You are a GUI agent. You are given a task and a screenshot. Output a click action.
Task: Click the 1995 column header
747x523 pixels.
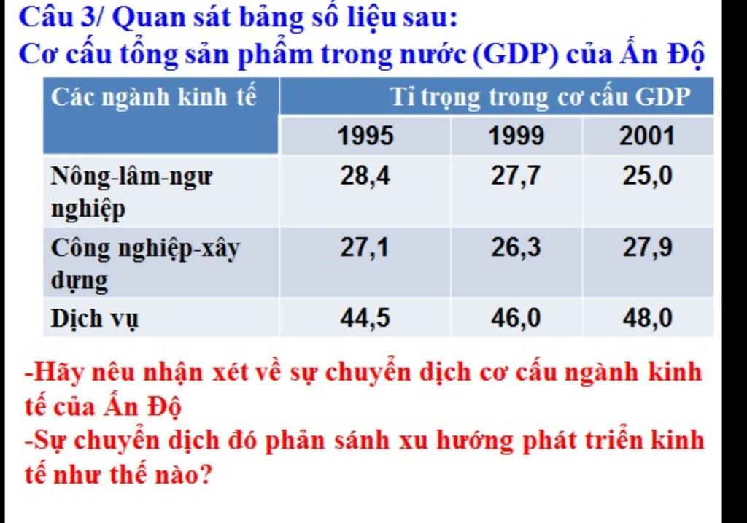click(x=365, y=136)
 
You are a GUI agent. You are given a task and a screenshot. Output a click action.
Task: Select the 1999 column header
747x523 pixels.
click(x=516, y=136)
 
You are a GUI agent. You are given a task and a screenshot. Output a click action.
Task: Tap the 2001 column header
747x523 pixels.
click(x=647, y=136)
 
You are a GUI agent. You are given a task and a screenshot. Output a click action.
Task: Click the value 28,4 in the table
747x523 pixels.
click(x=365, y=176)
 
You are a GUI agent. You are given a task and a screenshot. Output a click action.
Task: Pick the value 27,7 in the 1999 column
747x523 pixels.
click(x=516, y=176)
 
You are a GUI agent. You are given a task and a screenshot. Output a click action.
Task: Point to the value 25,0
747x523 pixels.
click(x=648, y=176)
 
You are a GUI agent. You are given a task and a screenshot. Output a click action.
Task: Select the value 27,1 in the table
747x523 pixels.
click(x=365, y=248)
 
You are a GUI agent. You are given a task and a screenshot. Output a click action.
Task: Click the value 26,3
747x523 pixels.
click(x=516, y=248)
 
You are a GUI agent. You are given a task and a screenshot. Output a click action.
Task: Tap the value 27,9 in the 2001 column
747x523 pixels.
click(x=648, y=248)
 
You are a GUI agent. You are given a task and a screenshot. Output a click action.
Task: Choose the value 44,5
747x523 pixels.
click(x=365, y=318)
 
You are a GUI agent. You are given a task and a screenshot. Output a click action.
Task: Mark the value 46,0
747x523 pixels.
click(x=516, y=318)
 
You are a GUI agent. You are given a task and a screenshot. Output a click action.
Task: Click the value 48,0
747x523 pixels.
click(x=648, y=318)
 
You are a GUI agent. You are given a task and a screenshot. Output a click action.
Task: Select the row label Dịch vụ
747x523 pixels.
click(x=94, y=319)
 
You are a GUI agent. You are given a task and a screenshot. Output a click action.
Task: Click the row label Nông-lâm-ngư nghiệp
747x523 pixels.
click(x=131, y=193)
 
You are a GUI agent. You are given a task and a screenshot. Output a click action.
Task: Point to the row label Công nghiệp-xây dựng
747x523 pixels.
click(x=145, y=264)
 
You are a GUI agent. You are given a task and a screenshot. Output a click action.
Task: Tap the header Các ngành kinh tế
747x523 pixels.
click(x=153, y=97)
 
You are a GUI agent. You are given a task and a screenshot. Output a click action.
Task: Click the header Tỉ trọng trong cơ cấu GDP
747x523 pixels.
click(x=541, y=98)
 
